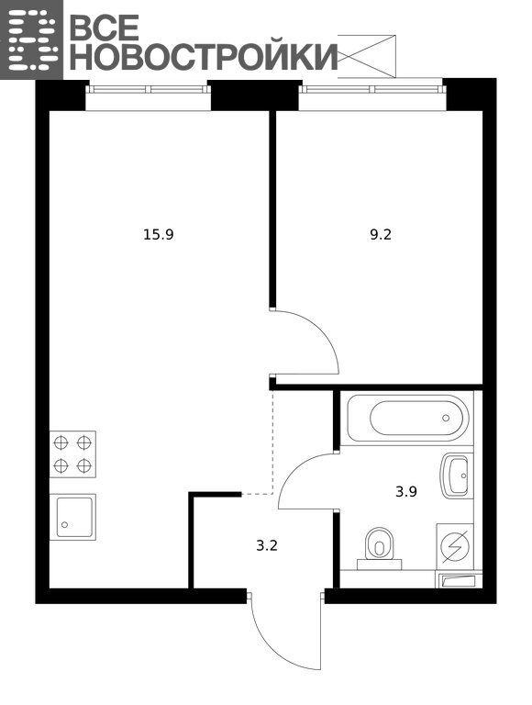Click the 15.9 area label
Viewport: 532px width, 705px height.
(x=158, y=234)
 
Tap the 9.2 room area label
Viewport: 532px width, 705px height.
(x=381, y=234)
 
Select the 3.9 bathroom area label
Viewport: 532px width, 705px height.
(x=406, y=491)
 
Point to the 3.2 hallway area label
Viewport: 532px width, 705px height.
(x=267, y=546)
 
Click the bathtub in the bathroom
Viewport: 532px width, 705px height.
(x=408, y=418)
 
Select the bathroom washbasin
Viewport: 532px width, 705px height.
(x=456, y=476)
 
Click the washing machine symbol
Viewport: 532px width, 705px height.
(x=455, y=546)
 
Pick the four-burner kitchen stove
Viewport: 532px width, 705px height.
(x=72, y=454)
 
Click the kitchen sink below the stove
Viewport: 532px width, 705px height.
(x=72, y=516)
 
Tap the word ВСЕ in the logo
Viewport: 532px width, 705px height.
(x=105, y=27)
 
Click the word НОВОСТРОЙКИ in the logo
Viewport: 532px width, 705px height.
(x=204, y=56)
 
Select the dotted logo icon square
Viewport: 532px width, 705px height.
(x=31, y=39)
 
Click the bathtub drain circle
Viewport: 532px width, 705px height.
(x=446, y=418)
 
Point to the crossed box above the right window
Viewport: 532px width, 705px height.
(x=367, y=56)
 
